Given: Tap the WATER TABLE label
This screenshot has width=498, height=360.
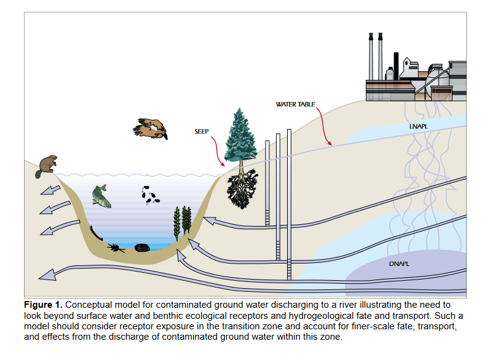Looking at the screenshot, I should coord(295,105).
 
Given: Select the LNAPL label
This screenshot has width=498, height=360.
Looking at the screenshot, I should coord(419,126).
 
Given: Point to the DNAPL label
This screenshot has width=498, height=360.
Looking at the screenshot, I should coord(399,264).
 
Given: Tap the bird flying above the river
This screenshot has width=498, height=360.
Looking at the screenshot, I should coord(150,128).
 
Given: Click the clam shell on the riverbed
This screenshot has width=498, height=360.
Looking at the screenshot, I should coord(142,248).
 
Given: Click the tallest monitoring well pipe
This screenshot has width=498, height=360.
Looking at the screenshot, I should coord(289,203).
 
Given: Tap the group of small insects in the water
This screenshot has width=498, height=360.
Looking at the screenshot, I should coord(149,195).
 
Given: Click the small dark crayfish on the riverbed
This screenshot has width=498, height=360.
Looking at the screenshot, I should coord(115,248).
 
